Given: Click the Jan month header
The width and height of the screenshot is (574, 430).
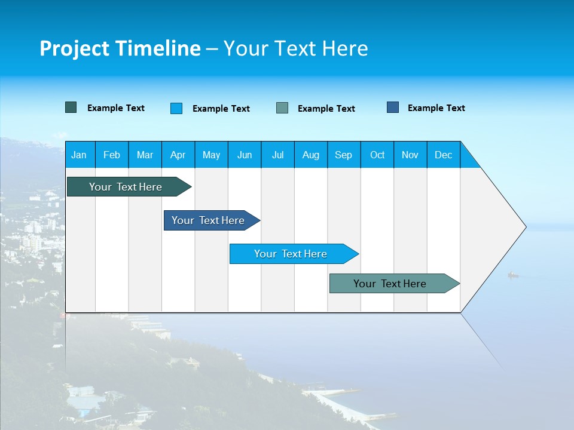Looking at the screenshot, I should (79, 155).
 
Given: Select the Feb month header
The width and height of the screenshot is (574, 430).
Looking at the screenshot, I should (112, 155).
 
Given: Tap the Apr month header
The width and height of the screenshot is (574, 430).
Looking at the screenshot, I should (178, 155).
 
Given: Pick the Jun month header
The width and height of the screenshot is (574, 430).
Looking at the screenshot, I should (245, 155).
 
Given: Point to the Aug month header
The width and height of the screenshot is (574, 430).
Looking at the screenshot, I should (310, 155).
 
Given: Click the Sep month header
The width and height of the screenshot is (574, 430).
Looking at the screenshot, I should (343, 155).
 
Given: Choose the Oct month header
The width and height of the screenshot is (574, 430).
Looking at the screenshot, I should (377, 155).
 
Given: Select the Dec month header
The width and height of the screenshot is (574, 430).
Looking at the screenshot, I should (443, 155).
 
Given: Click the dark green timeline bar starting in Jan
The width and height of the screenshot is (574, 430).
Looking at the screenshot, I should (126, 187).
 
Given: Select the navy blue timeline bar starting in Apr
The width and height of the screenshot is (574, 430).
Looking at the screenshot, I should (208, 220).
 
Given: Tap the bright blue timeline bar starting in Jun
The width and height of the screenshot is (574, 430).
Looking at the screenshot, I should (291, 254).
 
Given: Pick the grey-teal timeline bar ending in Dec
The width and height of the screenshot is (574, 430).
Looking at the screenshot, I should (390, 284).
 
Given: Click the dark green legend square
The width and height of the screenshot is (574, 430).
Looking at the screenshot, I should (71, 107).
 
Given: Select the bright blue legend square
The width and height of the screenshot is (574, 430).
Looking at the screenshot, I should (176, 108).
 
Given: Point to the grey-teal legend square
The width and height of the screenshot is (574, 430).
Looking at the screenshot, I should (282, 108).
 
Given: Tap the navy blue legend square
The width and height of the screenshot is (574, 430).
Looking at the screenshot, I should (393, 107).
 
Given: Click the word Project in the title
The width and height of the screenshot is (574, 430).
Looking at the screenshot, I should (74, 49).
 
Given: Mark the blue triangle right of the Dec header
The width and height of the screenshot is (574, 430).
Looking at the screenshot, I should (468, 160).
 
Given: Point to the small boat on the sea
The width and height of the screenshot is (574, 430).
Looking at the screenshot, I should (512, 275).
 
